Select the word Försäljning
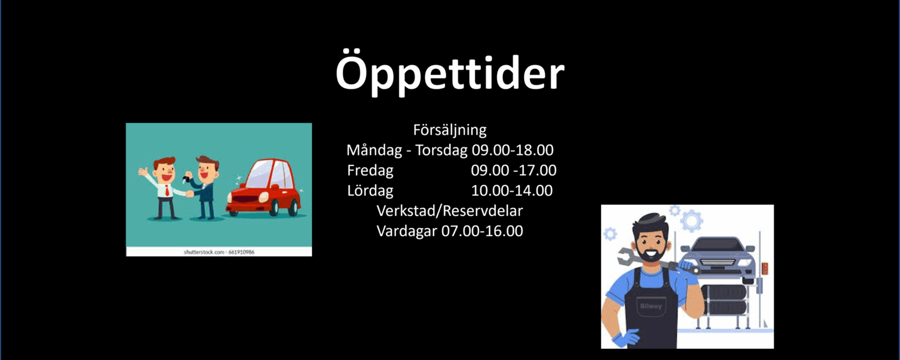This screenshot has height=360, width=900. [x=449, y=130]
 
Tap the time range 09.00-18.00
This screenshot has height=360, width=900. [x=512, y=150]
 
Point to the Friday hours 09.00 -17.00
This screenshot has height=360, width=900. [x=514, y=170]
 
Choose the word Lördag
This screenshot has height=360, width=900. [x=370, y=191]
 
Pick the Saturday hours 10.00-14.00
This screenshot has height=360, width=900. [x=511, y=191]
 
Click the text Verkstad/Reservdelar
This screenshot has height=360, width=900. [x=449, y=211]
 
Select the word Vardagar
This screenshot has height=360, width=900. [x=407, y=231]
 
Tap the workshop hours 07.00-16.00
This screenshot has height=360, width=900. [x=482, y=231]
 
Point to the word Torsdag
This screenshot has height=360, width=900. [x=441, y=150]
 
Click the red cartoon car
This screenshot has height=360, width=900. [x=264, y=187]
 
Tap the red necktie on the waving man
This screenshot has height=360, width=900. [x=167, y=191]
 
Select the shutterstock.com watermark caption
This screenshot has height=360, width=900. [x=219, y=252]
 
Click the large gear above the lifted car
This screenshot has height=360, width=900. [x=692, y=220]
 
